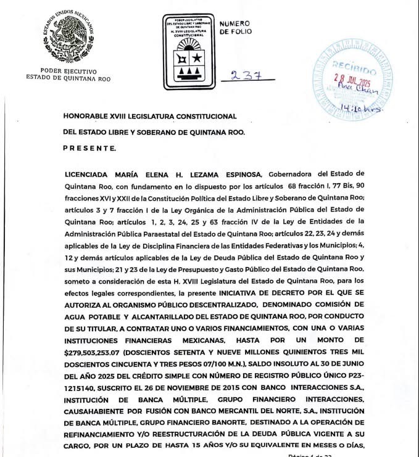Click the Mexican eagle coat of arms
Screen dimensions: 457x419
(68, 38)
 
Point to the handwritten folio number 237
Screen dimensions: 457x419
(243, 76)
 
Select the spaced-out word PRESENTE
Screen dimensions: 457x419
(89, 148)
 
